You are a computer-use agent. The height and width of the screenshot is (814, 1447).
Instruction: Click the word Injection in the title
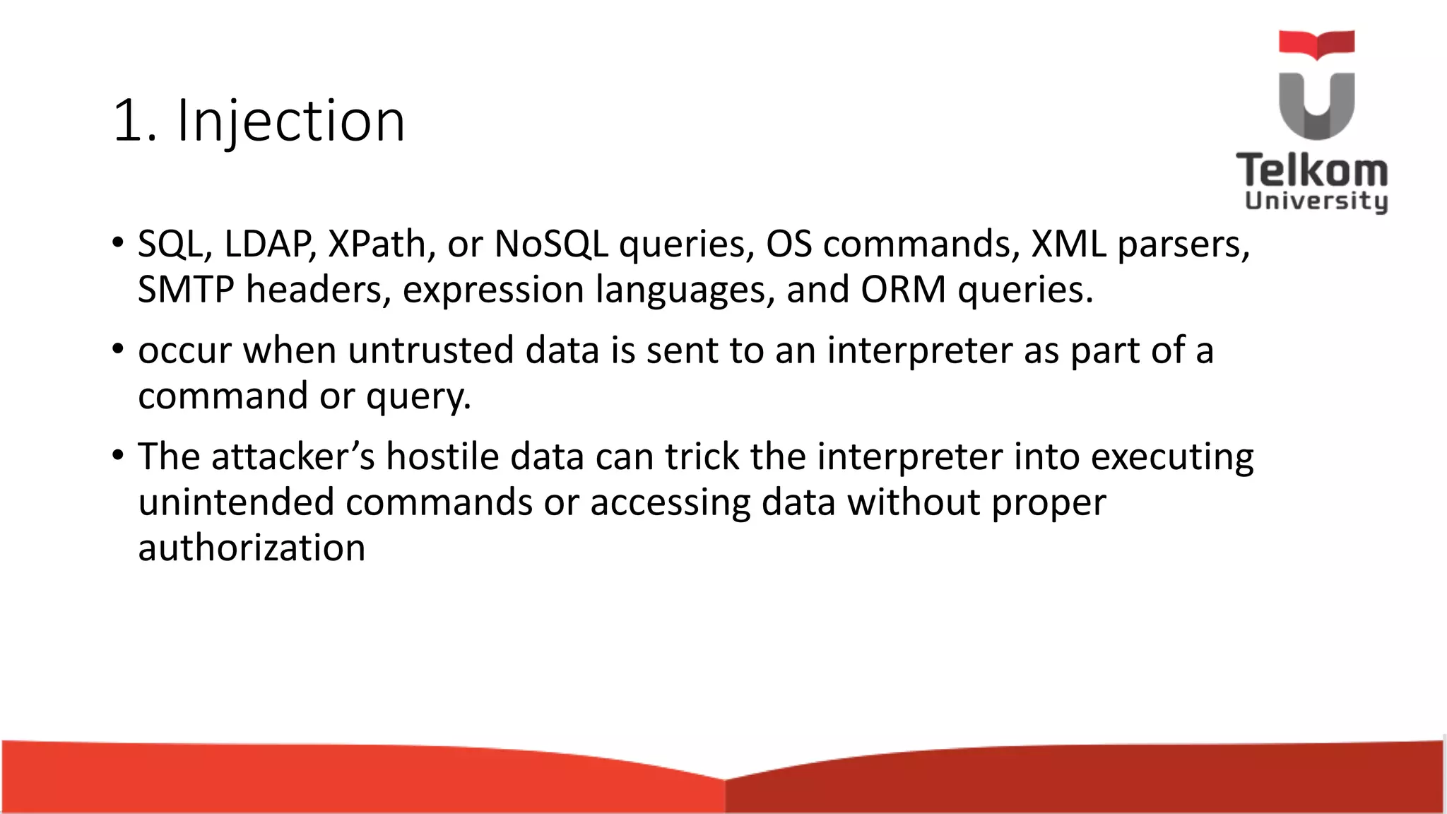[291, 122]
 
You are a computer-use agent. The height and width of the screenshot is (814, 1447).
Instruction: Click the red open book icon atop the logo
[1316, 44]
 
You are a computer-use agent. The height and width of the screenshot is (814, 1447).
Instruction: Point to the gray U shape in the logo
[1316, 106]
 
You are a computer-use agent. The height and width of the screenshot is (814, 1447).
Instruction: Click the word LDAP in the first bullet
[269, 244]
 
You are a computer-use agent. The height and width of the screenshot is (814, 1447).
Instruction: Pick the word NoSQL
[550, 244]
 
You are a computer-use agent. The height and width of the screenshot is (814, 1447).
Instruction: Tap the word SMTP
[185, 290]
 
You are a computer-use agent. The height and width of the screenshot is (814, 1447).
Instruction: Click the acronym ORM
[903, 290]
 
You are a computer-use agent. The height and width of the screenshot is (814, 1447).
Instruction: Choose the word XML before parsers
[1068, 244]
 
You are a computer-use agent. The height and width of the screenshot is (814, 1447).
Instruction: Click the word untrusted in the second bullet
[430, 350]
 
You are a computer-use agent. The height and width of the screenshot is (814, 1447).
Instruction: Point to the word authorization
[252, 548]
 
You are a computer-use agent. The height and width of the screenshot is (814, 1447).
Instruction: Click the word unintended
[236, 502]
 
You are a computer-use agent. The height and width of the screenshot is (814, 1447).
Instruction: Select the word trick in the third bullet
[702, 456]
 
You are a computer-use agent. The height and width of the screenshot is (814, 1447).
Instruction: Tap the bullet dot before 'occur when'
[117, 348]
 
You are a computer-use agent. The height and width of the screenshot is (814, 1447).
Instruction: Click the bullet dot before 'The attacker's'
[117, 454]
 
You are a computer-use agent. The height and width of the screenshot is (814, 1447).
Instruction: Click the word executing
[1172, 458]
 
